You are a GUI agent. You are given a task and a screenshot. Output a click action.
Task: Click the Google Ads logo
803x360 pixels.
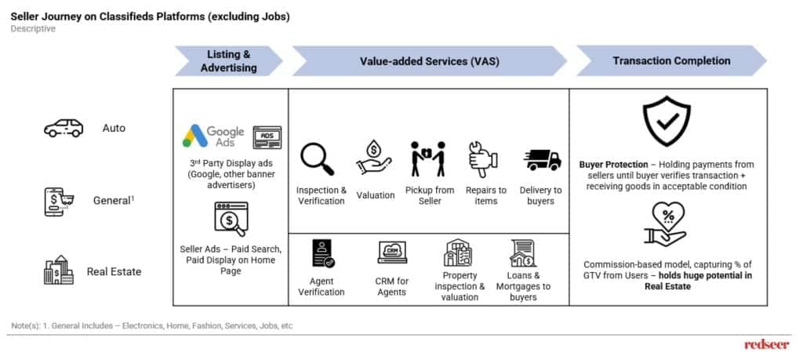[213, 136]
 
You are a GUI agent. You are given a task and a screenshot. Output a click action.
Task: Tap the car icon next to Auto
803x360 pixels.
[64, 128]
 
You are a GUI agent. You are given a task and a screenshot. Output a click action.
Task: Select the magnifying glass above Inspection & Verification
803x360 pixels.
[318, 159]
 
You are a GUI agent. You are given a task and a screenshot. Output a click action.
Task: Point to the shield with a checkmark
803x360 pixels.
[667, 121]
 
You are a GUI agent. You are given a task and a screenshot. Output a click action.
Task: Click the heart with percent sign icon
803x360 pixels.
[665, 224]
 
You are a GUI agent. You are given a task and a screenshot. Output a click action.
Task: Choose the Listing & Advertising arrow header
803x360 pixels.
[229, 61]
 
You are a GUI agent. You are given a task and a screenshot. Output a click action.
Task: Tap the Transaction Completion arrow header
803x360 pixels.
[671, 61]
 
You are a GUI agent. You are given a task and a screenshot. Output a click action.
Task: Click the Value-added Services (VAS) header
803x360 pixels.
[429, 61]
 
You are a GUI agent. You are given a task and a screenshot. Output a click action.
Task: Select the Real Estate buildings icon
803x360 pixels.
[58, 269]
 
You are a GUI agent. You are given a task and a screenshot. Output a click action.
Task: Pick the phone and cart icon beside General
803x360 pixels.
[58, 202]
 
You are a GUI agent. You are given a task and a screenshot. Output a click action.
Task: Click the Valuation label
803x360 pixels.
[376, 195]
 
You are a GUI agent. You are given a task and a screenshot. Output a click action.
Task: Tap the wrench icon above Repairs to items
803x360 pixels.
[483, 159]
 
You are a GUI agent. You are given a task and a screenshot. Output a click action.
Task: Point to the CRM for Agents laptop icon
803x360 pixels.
[392, 252]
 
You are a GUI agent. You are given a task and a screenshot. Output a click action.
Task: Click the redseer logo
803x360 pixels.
[768, 344]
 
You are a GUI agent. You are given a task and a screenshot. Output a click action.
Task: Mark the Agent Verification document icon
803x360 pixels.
[323, 253]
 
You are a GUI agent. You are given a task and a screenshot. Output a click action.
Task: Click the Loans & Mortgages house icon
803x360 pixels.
[523, 253]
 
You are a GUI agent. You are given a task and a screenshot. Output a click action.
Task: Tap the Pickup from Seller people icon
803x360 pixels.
[428, 159]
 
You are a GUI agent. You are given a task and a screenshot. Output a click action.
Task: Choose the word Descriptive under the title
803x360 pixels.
[33, 29]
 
